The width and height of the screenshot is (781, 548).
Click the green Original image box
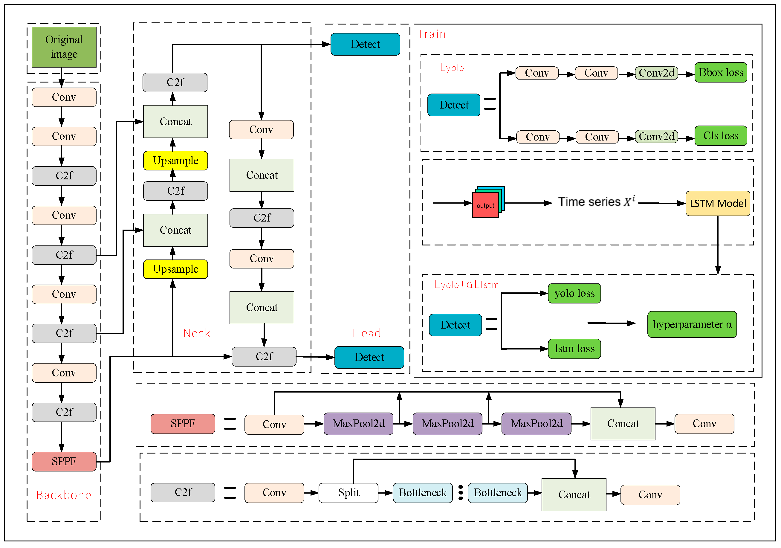[x=64, y=47]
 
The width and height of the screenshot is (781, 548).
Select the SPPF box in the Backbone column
[x=64, y=461]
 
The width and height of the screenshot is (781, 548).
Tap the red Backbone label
[x=64, y=495]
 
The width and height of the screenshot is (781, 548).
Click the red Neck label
[x=197, y=333]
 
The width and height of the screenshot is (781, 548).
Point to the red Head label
[x=367, y=333]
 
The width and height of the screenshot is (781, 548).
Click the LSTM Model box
[x=717, y=203]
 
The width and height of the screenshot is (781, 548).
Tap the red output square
[x=485, y=205]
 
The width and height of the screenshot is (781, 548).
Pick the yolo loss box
[x=574, y=293]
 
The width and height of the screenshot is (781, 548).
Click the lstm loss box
[x=574, y=349]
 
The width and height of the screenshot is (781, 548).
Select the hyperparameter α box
[x=692, y=324]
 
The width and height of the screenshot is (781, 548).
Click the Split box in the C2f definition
[x=348, y=493]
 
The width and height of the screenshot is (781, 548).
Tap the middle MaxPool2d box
[x=447, y=424]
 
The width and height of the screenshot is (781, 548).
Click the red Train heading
[x=431, y=34]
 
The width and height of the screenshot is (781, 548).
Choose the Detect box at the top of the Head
[x=365, y=44]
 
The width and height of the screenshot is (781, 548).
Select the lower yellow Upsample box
[x=175, y=269]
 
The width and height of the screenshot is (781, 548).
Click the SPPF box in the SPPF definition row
[x=183, y=424]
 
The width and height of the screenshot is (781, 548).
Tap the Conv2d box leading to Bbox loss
[x=656, y=73]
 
